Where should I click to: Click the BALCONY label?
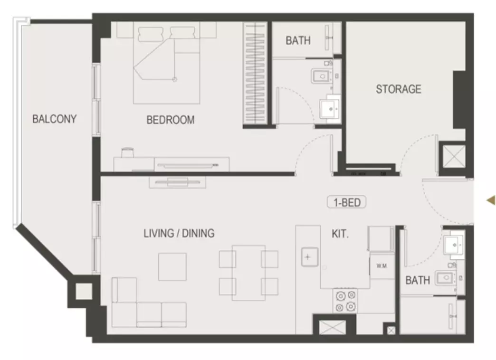point(55,119)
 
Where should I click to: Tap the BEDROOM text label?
point(171,120)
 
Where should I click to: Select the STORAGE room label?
point(399,89)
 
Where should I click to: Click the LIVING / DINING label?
point(179,234)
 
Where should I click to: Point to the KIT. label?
point(340,234)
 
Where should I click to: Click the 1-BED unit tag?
point(347,202)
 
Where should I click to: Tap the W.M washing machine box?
point(382,266)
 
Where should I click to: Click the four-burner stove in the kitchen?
point(345,301)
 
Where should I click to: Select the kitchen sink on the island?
point(309,257)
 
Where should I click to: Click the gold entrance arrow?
point(491,200)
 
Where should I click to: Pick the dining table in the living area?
point(248,273)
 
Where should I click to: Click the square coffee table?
point(172,266)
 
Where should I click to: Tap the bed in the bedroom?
point(166,63)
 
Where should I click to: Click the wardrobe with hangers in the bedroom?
point(256,73)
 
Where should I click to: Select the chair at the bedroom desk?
point(127,152)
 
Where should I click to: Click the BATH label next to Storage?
point(298,40)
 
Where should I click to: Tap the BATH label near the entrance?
point(418,280)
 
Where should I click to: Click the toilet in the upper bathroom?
point(322,76)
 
